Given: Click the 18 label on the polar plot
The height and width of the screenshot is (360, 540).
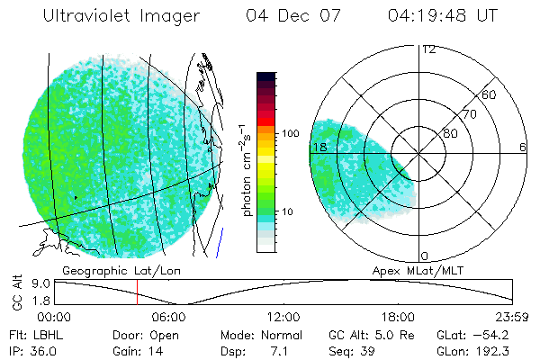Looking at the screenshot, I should point(317,147).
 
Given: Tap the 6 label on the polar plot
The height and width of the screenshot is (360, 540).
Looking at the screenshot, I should point(522,147).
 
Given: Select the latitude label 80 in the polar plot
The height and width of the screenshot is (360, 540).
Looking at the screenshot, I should point(450,133).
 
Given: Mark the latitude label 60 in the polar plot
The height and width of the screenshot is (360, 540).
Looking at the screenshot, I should point(490,94).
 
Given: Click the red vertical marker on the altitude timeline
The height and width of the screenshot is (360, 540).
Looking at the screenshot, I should point(137,292).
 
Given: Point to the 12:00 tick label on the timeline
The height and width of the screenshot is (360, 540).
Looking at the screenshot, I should point(284,317).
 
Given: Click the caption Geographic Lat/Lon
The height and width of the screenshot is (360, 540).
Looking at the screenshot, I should point(104,270).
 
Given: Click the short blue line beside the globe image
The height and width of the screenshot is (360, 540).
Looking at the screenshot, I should point(220,241).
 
